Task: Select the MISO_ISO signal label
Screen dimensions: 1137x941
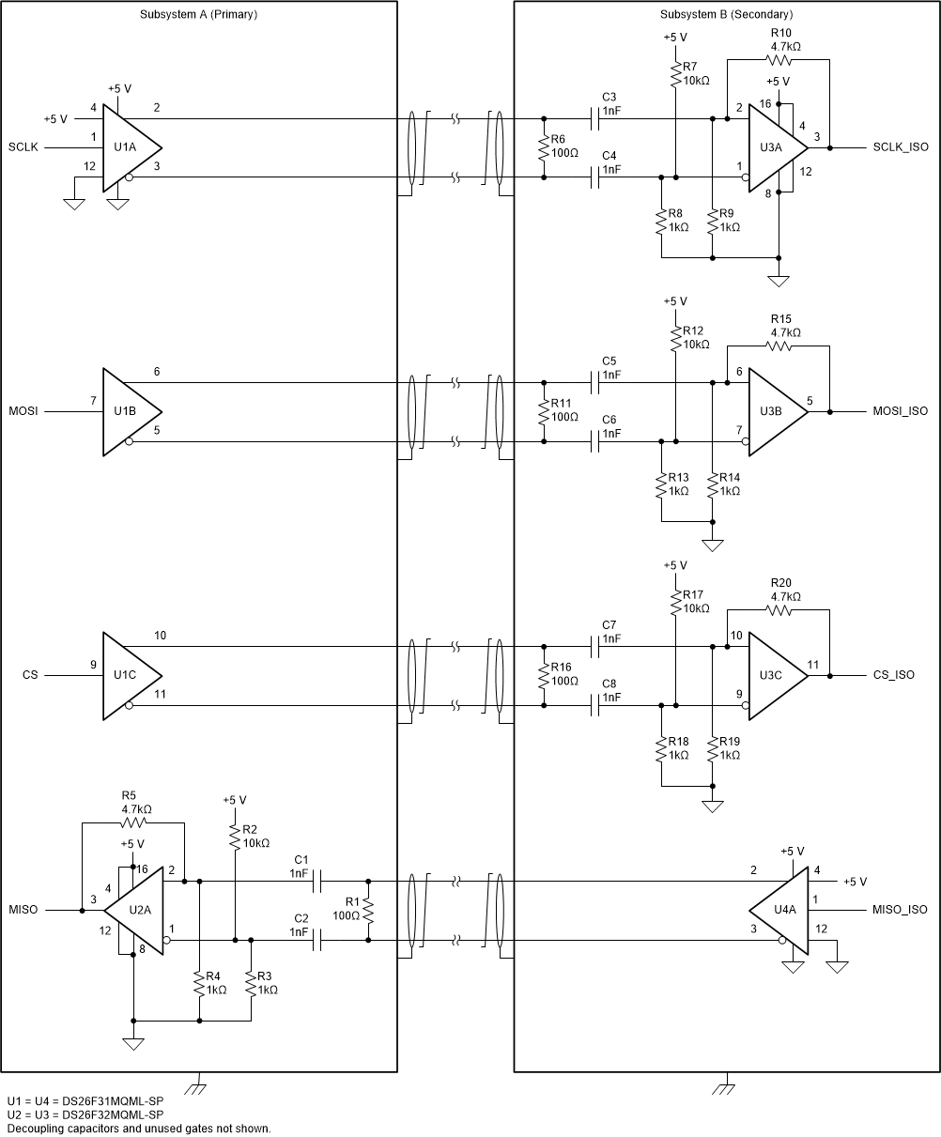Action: (900, 911)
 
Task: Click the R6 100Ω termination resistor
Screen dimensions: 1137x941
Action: (543, 148)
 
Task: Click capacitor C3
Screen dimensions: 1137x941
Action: (595, 119)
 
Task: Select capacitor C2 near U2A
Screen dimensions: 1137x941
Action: (316, 940)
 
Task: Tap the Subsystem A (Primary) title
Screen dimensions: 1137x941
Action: (198, 15)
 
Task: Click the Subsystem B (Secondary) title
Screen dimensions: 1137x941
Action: (726, 15)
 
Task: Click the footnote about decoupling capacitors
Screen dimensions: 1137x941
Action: (138, 1129)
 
